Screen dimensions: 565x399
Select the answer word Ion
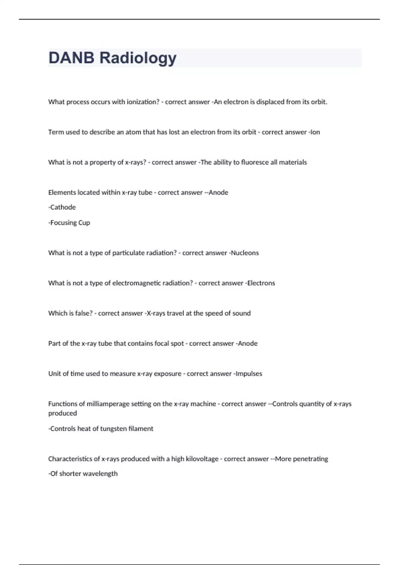click(x=315, y=132)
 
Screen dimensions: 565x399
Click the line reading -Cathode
click(x=62, y=207)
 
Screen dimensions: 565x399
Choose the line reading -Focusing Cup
click(x=69, y=223)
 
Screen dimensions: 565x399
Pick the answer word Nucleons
click(x=245, y=253)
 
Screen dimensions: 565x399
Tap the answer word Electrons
click(x=261, y=283)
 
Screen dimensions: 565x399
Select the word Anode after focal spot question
click(x=248, y=344)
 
